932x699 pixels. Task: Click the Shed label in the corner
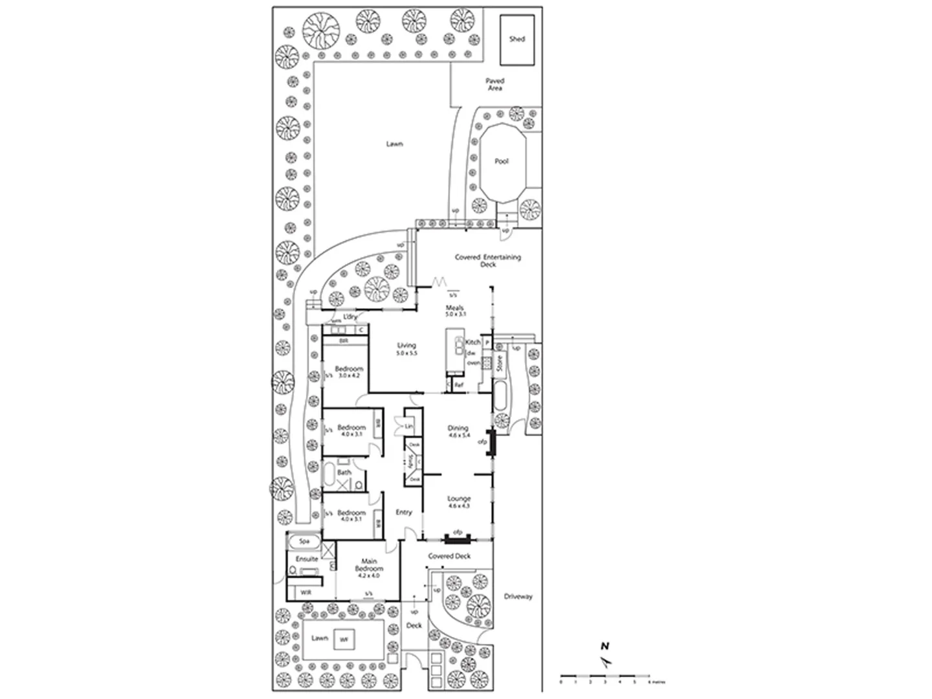(516, 39)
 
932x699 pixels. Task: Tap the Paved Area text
(495, 84)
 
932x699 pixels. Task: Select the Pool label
(502, 161)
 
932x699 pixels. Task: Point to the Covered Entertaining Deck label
(487, 260)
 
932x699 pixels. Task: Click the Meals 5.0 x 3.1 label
(455, 311)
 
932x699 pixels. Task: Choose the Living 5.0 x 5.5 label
(406, 349)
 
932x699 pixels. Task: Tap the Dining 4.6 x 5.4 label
(458, 432)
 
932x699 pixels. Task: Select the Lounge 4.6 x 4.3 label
(459, 502)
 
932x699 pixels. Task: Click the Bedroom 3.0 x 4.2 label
(349, 372)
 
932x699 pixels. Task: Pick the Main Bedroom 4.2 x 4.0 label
(368, 568)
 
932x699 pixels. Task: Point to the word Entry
(404, 512)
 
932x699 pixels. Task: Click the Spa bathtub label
(304, 540)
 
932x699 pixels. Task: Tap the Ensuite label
(307, 559)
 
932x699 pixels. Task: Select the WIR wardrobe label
(305, 592)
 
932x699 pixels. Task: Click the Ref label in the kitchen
(459, 385)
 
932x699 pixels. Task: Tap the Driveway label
(518, 596)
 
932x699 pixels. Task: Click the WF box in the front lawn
(344, 640)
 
